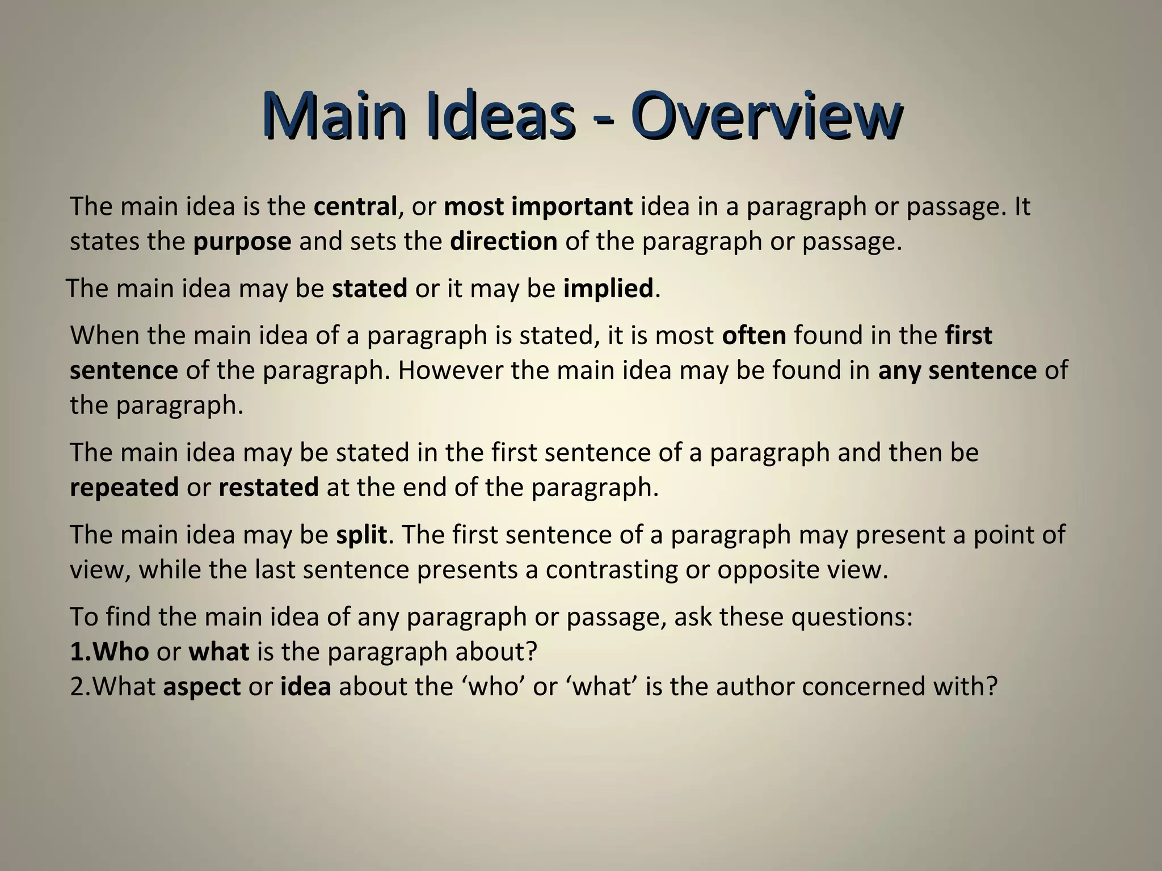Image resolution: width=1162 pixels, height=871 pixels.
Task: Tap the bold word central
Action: [x=355, y=206]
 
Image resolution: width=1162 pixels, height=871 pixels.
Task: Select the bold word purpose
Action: [x=242, y=242]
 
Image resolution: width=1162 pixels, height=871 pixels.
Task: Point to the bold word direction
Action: [x=504, y=242]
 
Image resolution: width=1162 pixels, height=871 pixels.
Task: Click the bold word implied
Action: [x=608, y=289]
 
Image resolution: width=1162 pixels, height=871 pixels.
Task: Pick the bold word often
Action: [x=754, y=336]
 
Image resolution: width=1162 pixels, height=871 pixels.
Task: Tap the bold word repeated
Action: [x=124, y=488]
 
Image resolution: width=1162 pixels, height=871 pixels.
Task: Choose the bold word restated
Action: [x=268, y=488]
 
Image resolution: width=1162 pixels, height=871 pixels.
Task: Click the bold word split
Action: [x=361, y=535]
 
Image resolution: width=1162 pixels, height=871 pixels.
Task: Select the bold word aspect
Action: [x=201, y=687]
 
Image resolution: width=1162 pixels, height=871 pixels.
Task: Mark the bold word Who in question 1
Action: [x=121, y=652]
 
